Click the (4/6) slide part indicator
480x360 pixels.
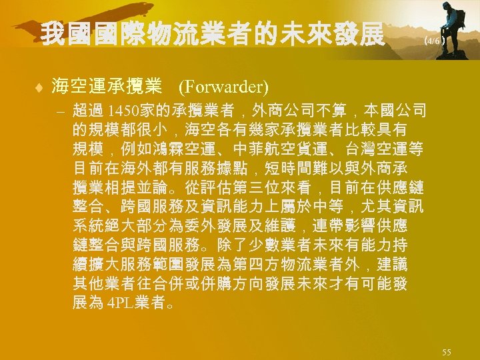[434, 40]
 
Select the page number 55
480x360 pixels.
[447, 351]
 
